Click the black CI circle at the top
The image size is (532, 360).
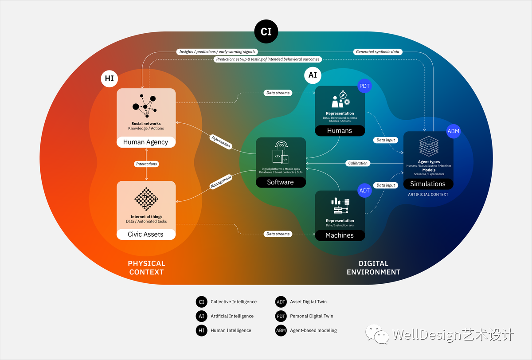(x=266, y=31)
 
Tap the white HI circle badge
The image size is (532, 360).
(x=109, y=78)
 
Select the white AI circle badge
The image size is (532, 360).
(x=313, y=75)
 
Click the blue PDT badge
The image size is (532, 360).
(x=364, y=86)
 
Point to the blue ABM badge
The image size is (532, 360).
(x=453, y=131)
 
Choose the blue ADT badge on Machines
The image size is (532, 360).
(x=364, y=191)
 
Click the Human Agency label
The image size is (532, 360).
(x=145, y=142)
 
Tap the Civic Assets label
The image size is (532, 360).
(x=145, y=235)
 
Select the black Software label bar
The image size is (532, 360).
(x=281, y=182)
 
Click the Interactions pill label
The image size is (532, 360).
(x=146, y=164)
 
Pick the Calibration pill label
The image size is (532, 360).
(x=358, y=163)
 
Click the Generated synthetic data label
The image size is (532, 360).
(x=378, y=52)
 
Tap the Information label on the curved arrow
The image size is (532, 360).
(x=221, y=141)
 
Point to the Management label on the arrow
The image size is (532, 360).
(x=221, y=182)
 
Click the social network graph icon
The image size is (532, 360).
(x=145, y=106)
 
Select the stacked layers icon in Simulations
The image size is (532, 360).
(x=429, y=146)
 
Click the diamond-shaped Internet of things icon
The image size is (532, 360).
(x=146, y=199)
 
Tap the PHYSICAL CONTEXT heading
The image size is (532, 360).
(x=146, y=268)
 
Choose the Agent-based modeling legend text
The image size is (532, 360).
(x=313, y=330)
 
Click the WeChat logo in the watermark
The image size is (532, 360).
(x=377, y=334)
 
